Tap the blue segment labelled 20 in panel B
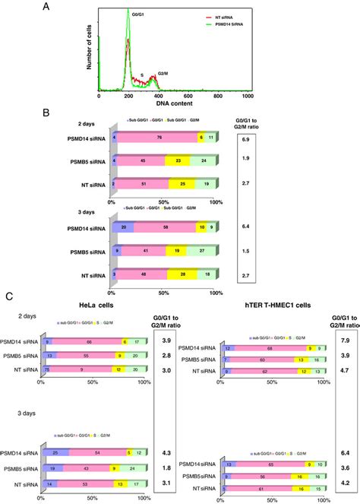[122, 227]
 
